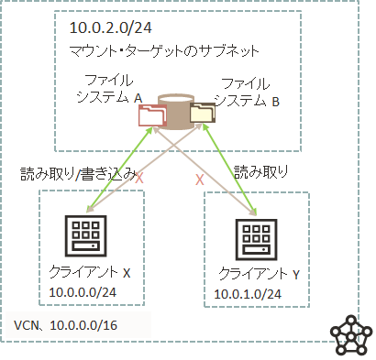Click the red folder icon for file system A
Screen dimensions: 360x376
[x=149, y=115]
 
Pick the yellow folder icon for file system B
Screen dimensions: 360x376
[x=202, y=112]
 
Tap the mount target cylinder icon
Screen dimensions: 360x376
[x=173, y=105]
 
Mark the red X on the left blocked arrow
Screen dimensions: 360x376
[x=139, y=178]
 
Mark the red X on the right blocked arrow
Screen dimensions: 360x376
[x=199, y=180]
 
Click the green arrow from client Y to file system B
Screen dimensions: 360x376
[x=229, y=169]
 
